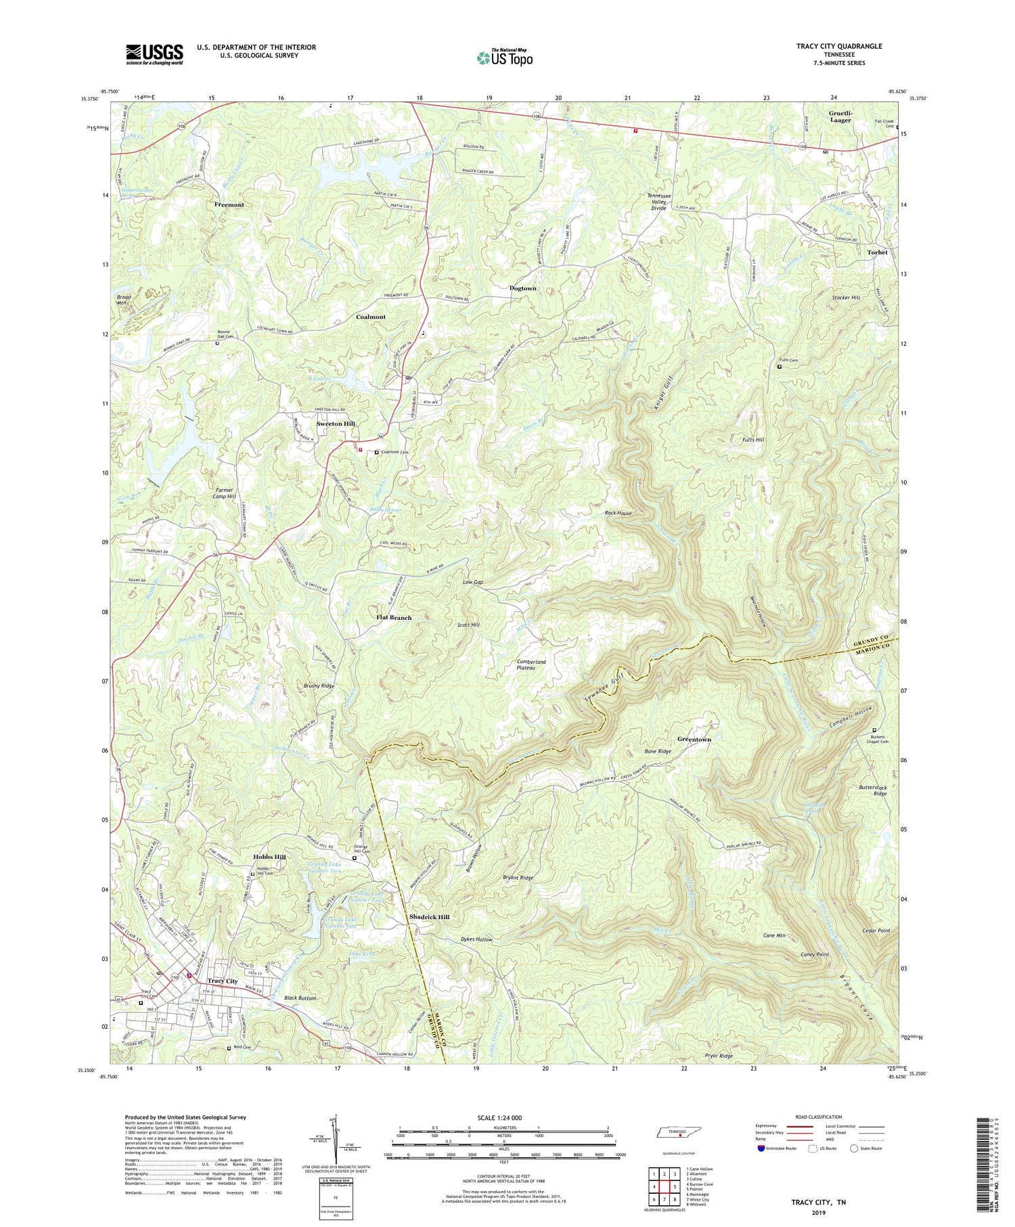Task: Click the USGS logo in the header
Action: coord(154,53)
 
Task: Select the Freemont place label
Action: coord(228,204)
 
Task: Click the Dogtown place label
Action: coord(522,288)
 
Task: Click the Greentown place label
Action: coord(694,740)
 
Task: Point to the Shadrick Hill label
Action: coord(429,916)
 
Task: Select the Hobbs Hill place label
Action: coord(269,857)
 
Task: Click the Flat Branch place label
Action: coord(394,618)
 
